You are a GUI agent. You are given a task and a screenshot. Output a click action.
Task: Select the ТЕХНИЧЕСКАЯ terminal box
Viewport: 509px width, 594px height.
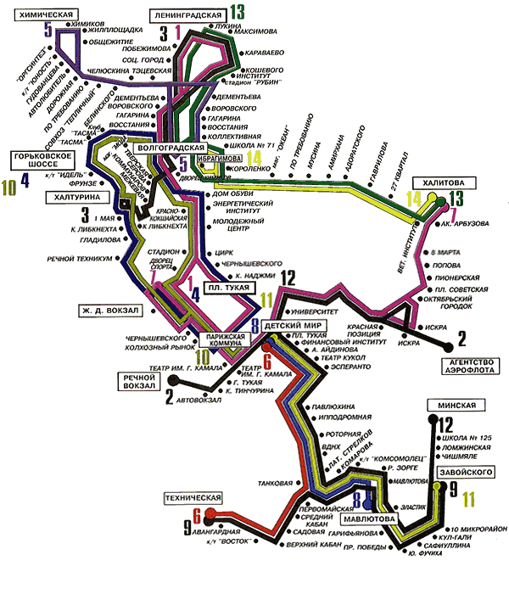coord(194,496)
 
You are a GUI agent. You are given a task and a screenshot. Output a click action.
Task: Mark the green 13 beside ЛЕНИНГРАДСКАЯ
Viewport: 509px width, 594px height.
coord(236,12)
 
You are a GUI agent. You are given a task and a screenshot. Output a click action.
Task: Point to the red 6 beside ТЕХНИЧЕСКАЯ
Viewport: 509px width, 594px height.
coord(198,514)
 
